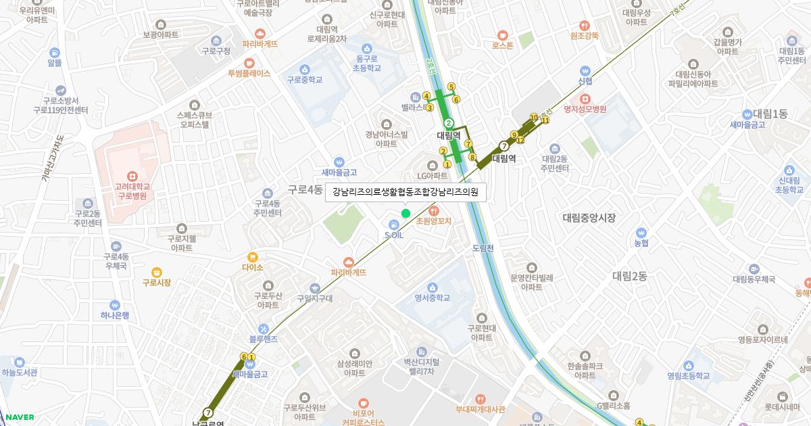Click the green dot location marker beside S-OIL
[405, 214]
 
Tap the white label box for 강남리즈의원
[405, 192]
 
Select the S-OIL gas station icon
[393, 224]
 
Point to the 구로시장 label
[156, 283]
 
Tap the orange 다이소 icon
[252, 257]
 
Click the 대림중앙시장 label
[589, 217]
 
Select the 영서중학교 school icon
[433, 287]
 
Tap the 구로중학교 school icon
[305, 69]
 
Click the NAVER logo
[20, 417]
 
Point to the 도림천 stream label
[484, 248]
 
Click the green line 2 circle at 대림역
[448, 123]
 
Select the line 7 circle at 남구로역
[207, 412]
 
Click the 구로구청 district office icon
[216, 41]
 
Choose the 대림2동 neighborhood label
[629, 276]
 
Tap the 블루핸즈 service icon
[254, 328]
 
